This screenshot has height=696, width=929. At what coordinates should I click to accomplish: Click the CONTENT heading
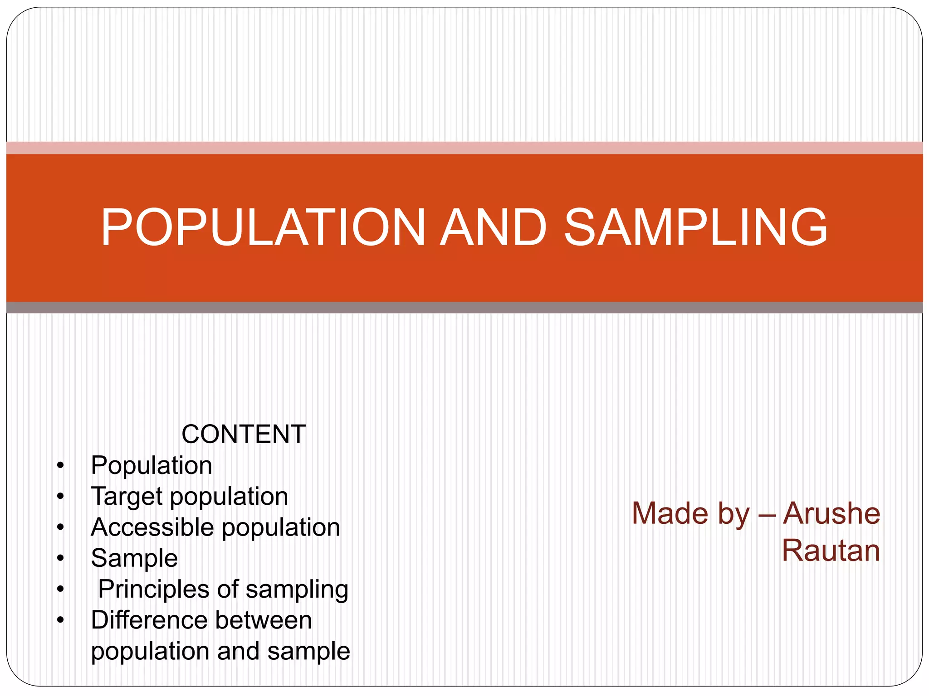[x=244, y=434]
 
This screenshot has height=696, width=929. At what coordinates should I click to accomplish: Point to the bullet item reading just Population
[x=152, y=465]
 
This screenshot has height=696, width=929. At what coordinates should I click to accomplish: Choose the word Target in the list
[x=127, y=497]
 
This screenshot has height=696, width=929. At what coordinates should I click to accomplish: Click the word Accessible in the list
[x=152, y=527]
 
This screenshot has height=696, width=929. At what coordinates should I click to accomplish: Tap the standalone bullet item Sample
[x=134, y=558]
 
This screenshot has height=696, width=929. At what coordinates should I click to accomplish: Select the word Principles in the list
[x=154, y=590]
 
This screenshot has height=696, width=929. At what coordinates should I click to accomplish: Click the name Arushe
[x=831, y=513]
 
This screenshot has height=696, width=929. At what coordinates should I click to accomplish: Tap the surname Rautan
[x=831, y=551]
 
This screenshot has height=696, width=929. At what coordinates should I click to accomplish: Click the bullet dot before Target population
[x=61, y=497]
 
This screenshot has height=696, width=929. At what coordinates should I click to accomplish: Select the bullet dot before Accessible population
[x=61, y=527]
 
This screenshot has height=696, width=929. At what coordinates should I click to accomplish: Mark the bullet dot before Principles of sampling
[x=61, y=590]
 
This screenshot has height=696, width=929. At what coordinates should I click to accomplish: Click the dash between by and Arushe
[x=767, y=515]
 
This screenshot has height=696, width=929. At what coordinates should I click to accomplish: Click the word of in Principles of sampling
[x=228, y=590]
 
